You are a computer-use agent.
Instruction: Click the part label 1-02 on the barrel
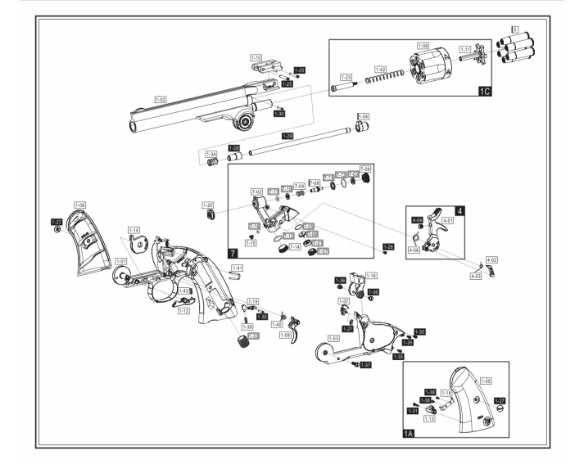coord(160,98)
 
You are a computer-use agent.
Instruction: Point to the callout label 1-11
coord(465,49)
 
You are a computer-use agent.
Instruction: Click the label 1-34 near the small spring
coord(211,154)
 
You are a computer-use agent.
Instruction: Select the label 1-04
coord(363,116)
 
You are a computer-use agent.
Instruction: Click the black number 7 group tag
coord(233,254)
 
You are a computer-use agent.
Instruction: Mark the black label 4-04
coord(416,220)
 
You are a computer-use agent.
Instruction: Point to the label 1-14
coord(134,230)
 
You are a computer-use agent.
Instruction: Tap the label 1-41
coord(237,268)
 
